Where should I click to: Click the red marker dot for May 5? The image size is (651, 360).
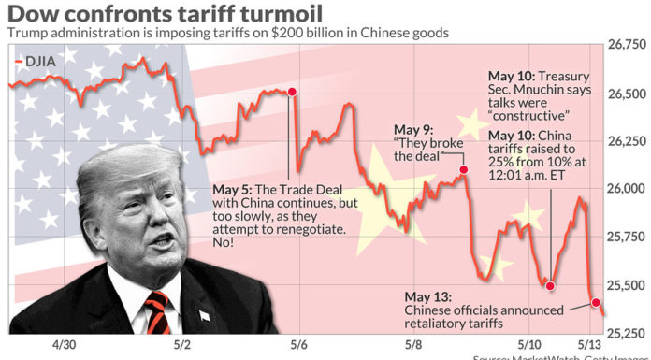292,92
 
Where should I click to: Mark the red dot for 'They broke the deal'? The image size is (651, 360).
463,170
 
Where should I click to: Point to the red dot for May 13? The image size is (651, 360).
597,302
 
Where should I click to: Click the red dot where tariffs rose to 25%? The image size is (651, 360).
550,285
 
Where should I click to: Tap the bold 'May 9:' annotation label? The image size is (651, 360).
412,128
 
